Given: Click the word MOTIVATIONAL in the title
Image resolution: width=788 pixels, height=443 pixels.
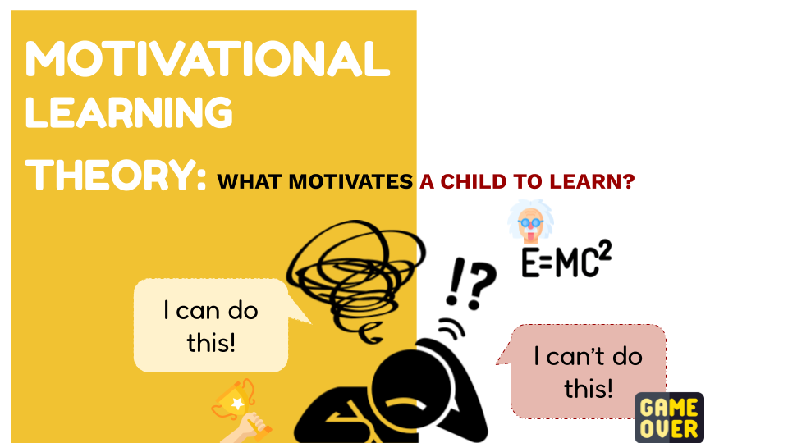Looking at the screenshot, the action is tap(208, 59).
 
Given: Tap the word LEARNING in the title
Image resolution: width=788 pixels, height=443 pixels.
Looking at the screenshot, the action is tap(129, 112).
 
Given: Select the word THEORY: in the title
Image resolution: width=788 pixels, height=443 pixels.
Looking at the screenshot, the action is tap(116, 175).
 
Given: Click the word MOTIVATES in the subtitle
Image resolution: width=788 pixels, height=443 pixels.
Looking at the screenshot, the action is tap(350, 182).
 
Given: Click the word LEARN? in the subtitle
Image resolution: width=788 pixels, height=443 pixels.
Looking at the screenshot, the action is tap(592, 182).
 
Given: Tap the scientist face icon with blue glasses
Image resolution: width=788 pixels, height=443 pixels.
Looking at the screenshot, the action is tap(531, 221).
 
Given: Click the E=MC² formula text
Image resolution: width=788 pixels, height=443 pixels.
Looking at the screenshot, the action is tap(566, 259).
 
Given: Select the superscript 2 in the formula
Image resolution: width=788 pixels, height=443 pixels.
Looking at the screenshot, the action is tap(605, 250).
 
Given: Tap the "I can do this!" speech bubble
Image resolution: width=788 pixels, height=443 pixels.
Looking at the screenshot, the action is tap(211, 326).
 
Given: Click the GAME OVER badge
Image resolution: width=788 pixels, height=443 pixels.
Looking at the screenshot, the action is tap(669, 418).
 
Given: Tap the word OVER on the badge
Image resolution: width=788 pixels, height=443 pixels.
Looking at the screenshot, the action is tap(669, 429).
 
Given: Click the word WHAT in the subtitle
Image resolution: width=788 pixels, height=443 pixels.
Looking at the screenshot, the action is tap(250, 182).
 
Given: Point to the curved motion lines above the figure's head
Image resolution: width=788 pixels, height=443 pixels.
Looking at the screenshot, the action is tap(451, 328).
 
